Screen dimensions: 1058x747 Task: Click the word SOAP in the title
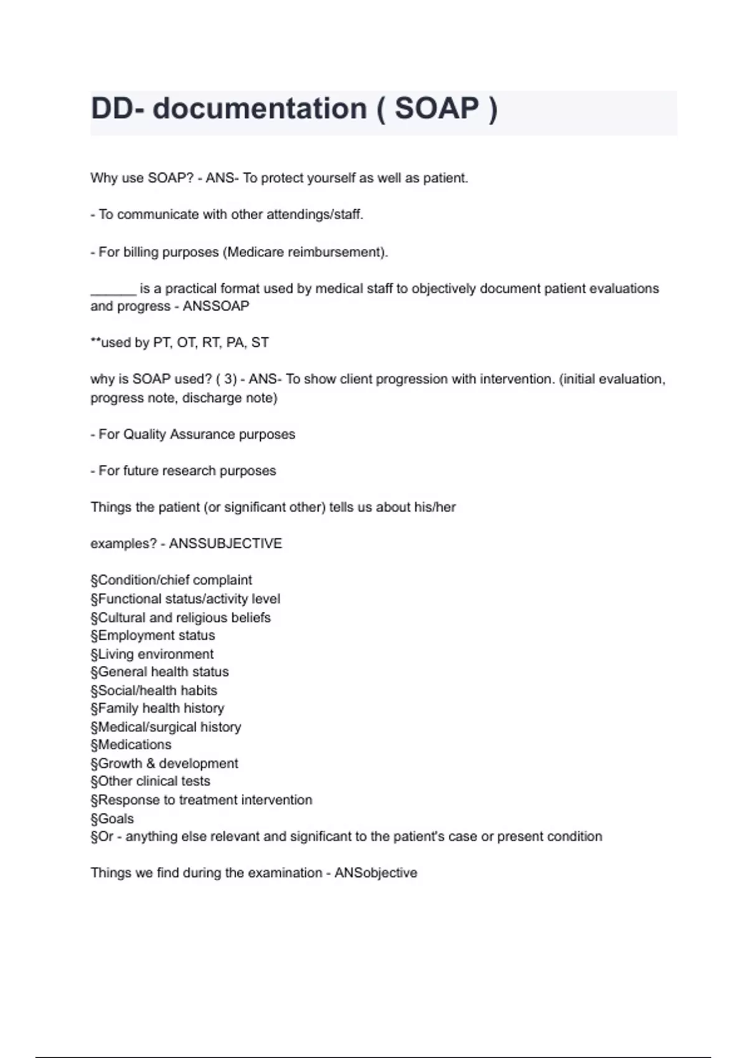point(436,109)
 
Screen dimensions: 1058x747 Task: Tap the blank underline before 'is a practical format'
point(113,289)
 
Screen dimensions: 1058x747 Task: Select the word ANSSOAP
point(215,306)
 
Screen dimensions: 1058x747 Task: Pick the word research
point(187,471)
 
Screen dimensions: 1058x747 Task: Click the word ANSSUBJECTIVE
point(225,544)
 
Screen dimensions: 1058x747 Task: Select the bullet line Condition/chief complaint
point(171,581)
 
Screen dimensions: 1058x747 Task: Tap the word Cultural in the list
point(122,618)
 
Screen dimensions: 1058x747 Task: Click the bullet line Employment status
point(153,635)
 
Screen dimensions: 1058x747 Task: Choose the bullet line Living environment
point(152,654)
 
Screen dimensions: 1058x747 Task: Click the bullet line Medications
point(131,745)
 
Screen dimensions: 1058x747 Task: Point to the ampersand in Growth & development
point(151,764)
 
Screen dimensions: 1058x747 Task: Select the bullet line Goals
point(112,819)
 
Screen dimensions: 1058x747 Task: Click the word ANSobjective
point(375,873)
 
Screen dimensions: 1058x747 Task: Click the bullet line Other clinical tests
point(150,781)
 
